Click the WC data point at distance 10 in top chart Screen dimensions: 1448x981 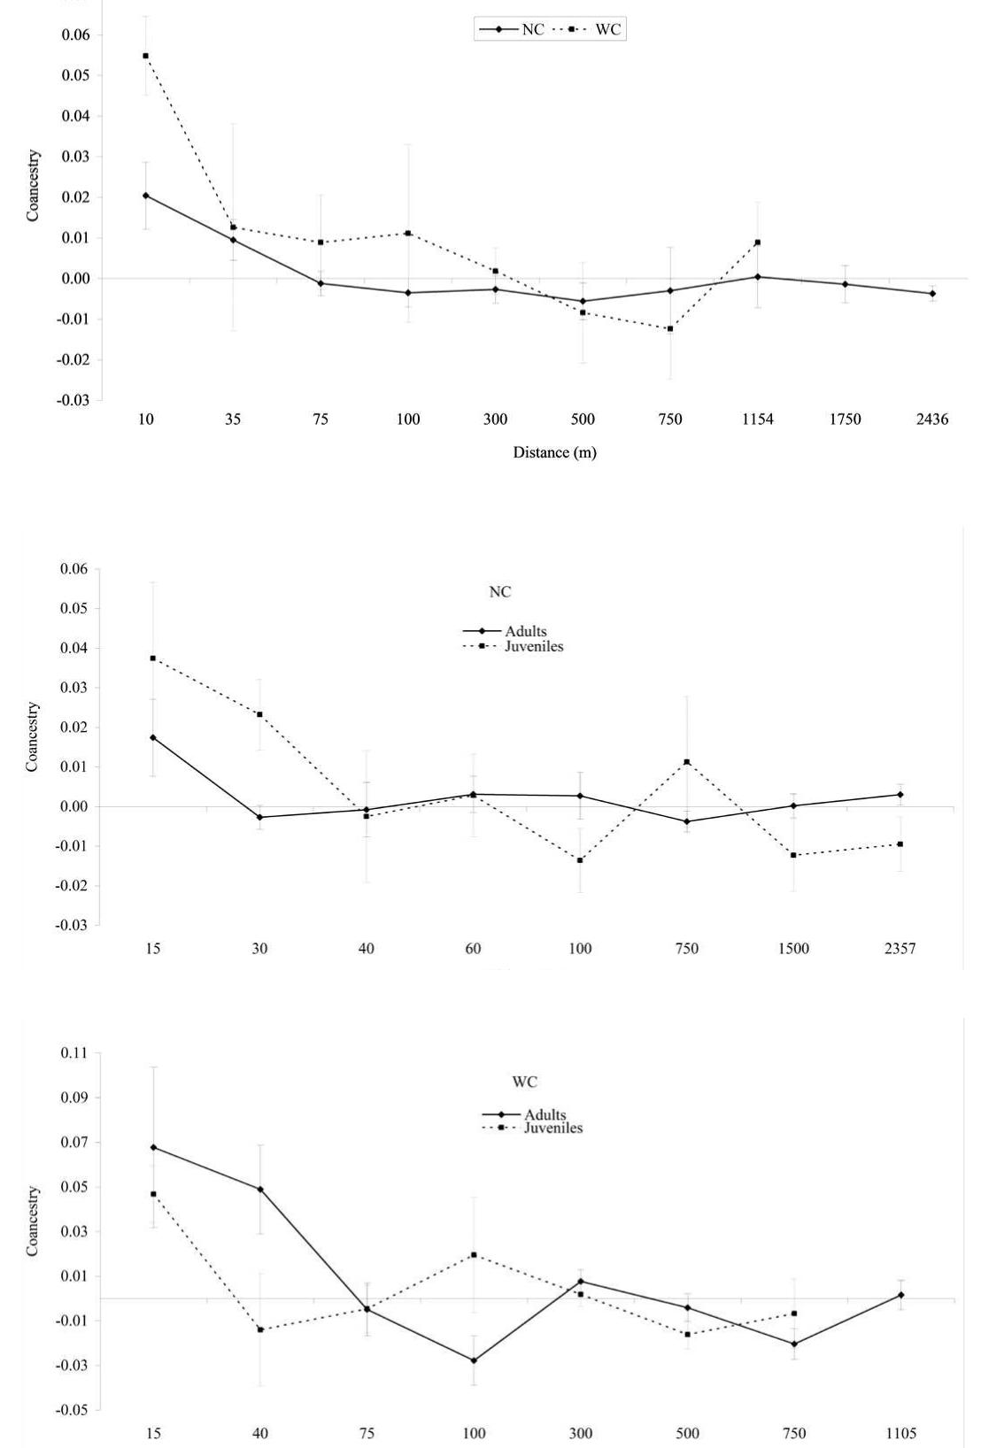145,56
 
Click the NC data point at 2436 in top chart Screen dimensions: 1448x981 932,294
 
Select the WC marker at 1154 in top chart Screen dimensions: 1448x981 758,243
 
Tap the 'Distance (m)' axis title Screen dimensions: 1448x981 554,452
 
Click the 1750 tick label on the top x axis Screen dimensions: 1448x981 845,420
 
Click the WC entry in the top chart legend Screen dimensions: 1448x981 607,29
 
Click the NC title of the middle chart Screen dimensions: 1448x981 500,592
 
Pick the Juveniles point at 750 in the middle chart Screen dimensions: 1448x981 686,762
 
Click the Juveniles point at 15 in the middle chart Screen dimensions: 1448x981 153,659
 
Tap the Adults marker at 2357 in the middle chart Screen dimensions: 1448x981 900,795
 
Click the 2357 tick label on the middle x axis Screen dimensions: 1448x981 900,949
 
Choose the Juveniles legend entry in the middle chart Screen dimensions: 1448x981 534,646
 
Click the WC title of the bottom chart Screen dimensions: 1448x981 525,1082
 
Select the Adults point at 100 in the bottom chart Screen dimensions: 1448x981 474,1360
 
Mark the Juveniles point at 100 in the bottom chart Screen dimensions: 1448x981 474,1254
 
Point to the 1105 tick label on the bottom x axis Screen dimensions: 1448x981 900,1433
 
